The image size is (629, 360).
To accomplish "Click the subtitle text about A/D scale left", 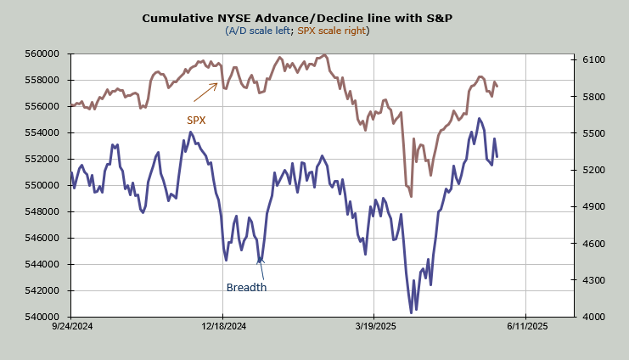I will click(297, 31).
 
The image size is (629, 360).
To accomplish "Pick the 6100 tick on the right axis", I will click(592, 60).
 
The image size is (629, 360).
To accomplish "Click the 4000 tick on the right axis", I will click(592, 317).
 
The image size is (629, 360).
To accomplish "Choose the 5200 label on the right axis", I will click(592, 170).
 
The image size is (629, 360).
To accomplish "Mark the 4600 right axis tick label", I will click(592, 244).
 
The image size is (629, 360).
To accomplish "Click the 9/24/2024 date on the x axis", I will click(72, 326).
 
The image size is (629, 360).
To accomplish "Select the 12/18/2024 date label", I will click(222, 326).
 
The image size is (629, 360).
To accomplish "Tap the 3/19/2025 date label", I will click(374, 326).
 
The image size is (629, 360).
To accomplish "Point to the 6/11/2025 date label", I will click(525, 326).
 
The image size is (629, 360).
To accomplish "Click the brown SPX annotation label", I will click(196, 120).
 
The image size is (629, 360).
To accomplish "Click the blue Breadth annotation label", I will click(246, 287).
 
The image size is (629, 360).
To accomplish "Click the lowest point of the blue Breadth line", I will click(411, 313).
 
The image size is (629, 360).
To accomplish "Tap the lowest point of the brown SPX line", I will click(411, 196).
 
